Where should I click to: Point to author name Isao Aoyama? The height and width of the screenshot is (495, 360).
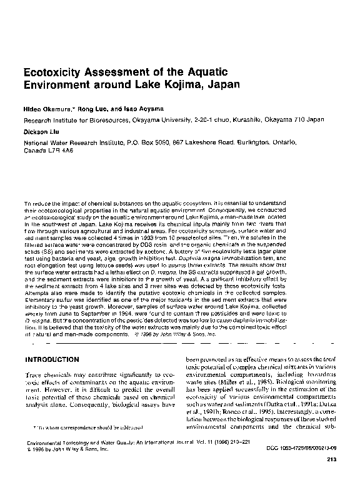142,109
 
